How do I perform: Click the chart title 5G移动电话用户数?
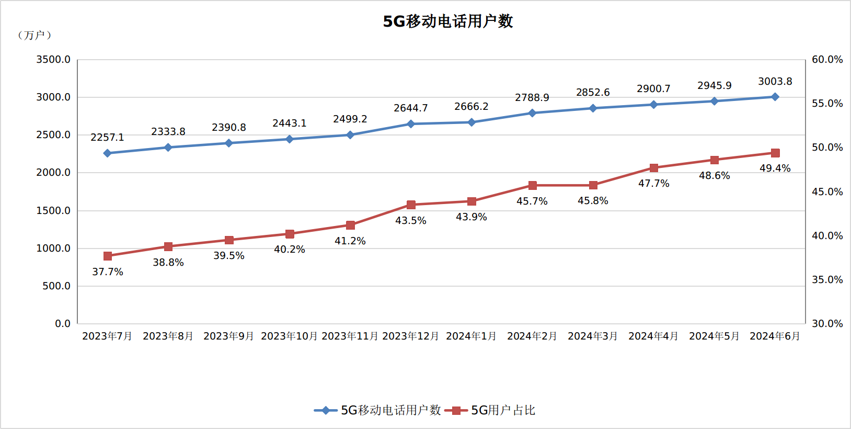point(448,21)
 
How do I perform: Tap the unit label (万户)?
point(34,36)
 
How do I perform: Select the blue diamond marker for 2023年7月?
point(108,153)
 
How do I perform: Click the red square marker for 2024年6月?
point(775,153)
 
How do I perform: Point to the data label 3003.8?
point(775,82)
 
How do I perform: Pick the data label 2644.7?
point(411,108)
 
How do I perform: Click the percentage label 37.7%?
point(108,272)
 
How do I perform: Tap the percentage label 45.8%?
point(593,201)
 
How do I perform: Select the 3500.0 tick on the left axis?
point(53,60)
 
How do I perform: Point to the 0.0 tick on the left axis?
point(63,324)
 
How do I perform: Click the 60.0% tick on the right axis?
point(827,60)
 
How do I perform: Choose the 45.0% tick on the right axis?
point(827,191)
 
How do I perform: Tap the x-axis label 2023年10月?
point(289,336)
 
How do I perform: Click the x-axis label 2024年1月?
point(471,336)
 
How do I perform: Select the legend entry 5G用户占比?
point(490,410)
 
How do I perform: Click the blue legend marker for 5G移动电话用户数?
point(326,410)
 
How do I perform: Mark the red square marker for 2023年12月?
point(411,205)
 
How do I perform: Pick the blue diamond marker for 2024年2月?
point(532,113)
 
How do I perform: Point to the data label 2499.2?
point(350,119)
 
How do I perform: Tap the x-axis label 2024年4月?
point(653,336)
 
